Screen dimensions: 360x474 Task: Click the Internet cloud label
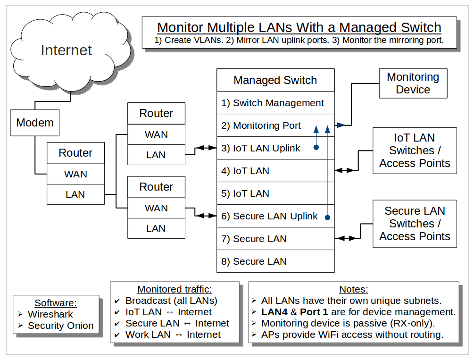66,50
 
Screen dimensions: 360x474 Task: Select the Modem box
35,123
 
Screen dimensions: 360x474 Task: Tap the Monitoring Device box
413,83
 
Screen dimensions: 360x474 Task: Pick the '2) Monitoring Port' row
267,126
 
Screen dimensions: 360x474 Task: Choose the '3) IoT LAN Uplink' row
266,148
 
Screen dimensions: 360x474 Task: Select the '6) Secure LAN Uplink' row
269,216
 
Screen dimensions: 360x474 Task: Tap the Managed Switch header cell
275,80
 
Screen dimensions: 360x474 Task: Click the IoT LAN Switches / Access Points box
415,151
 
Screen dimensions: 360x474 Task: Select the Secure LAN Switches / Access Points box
415,224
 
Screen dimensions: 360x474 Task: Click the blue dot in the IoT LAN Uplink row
316,148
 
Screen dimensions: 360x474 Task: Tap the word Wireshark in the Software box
50,314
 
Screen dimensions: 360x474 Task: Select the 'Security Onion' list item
60,326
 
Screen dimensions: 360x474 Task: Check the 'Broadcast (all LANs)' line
171,301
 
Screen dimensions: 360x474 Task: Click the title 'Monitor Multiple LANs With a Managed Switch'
299,27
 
